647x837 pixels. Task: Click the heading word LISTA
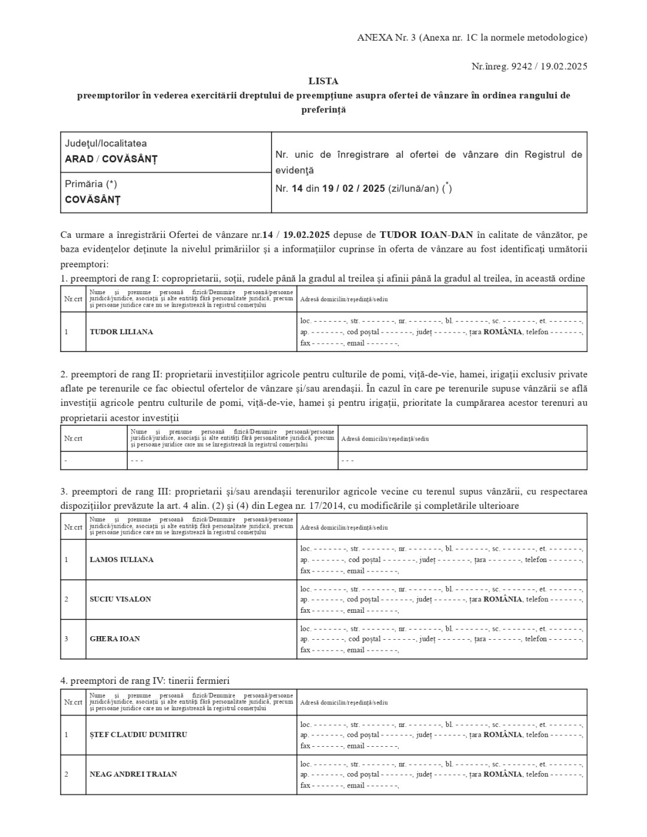click(323, 81)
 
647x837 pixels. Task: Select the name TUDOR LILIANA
click(121, 332)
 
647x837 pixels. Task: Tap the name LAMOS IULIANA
click(121, 560)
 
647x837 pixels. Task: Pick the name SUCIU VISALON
click(120, 599)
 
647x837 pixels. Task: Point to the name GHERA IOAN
click(115, 639)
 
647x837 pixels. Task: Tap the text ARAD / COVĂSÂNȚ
click(111, 159)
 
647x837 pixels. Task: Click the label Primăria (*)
click(91, 184)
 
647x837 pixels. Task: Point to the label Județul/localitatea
click(106, 143)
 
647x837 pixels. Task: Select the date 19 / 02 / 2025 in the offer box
click(353, 188)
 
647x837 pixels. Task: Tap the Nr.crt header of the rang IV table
click(73, 702)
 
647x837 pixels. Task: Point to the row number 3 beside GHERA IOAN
click(66, 639)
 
